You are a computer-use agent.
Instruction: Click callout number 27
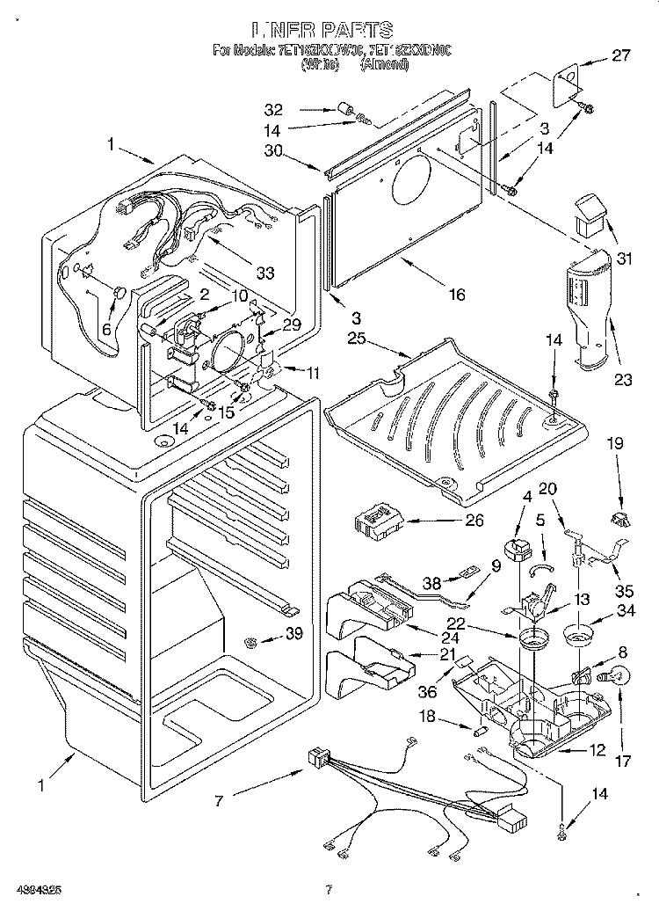[621, 56]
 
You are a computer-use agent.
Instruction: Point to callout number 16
[457, 295]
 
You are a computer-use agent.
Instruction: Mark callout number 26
[474, 521]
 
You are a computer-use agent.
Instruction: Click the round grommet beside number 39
[253, 643]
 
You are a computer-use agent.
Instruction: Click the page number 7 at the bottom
[329, 888]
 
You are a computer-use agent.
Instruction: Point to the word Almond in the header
[384, 64]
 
